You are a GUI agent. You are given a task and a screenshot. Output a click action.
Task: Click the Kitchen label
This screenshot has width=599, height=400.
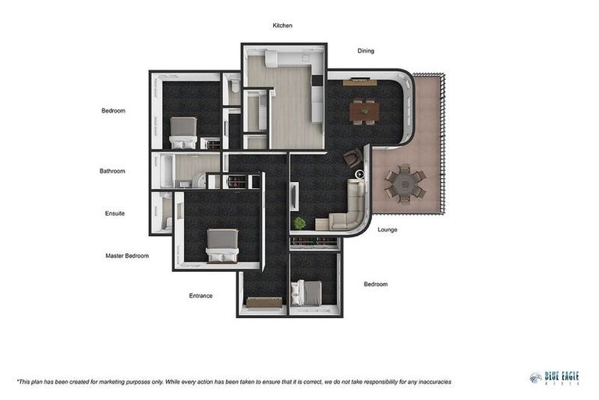tap(282, 26)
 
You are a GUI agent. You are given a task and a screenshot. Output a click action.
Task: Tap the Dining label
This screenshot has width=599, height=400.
tap(366, 51)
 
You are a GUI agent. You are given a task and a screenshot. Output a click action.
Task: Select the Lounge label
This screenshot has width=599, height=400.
tap(387, 230)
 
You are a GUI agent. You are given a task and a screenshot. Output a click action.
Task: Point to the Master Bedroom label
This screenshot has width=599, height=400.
tap(127, 255)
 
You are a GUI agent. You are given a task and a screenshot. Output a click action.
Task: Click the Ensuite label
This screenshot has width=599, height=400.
tap(115, 213)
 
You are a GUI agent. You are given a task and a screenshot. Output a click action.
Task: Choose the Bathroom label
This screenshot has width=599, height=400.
tap(112, 171)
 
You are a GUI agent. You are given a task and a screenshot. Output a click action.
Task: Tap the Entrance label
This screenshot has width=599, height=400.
tap(200, 295)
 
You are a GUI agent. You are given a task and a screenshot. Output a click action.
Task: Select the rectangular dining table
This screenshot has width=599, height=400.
tap(364, 112)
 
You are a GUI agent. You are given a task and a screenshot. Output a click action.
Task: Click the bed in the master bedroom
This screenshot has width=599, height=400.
tap(222, 245)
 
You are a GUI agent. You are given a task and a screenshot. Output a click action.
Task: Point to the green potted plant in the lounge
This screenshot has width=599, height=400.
tap(299, 223)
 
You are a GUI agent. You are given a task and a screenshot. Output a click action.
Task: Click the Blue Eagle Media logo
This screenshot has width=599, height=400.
tap(554, 378)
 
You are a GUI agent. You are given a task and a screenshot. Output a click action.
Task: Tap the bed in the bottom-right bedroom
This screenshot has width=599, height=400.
tap(307, 293)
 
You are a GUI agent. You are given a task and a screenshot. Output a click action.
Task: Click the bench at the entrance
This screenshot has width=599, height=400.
tap(264, 302)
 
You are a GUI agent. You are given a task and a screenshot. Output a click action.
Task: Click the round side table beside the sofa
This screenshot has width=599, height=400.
tap(360, 175)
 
